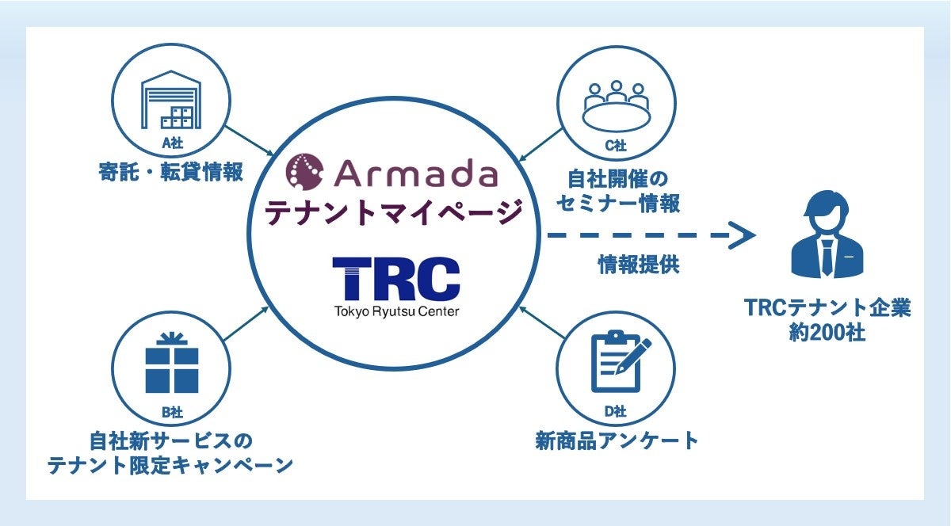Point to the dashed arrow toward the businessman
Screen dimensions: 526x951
(x=650, y=235)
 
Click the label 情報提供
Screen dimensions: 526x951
(x=638, y=265)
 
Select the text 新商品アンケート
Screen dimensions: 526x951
(x=617, y=440)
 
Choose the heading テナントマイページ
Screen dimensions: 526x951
(x=393, y=212)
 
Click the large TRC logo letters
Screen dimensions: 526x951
(x=395, y=277)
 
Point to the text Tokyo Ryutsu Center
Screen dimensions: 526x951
(x=395, y=311)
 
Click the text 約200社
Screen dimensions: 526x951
(x=827, y=333)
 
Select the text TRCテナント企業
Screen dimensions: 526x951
(x=827, y=307)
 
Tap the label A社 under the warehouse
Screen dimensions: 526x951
(x=172, y=145)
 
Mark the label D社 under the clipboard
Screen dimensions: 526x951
(x=615, y=411)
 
